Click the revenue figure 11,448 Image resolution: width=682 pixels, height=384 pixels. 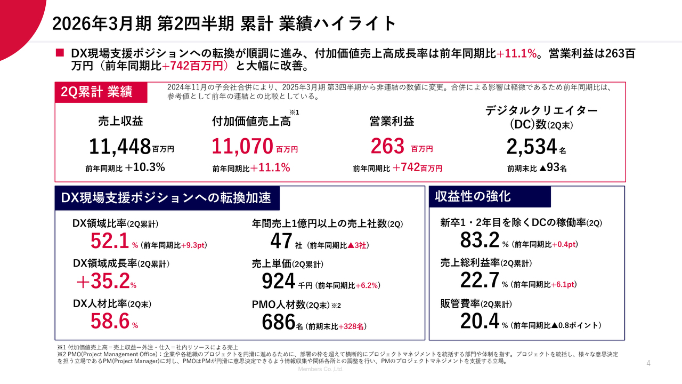click(119, 146)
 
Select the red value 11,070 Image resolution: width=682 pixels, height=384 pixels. click(242, 146)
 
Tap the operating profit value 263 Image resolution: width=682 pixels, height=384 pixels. click(388, 146)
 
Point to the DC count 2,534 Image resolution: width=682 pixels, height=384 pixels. click(531, 146)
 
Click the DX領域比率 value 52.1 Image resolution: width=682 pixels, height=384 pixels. click(109, 242)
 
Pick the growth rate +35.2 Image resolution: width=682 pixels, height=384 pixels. click(103, 280)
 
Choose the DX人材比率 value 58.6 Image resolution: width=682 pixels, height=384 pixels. click(110, 321)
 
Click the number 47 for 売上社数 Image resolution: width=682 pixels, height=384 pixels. click(280, 242)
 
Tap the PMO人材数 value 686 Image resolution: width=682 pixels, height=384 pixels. click(278, 322)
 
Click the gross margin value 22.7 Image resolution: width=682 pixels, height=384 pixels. click(480, 280)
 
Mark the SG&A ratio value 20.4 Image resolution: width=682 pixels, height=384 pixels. click(480, 321)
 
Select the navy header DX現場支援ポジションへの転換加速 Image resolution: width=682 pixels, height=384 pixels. click(167, 198)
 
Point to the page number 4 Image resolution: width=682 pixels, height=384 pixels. click(648, 363)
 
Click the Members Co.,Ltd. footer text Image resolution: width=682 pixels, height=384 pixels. click(320, 369)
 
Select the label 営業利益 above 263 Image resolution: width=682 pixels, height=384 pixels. click(392, 122)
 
